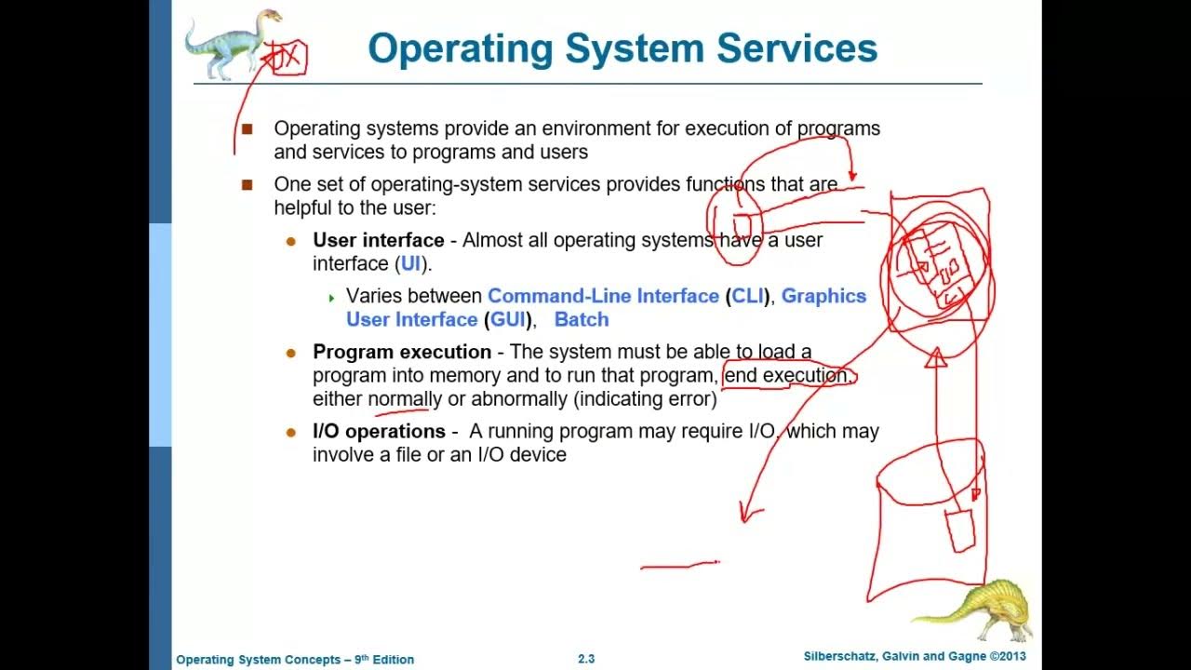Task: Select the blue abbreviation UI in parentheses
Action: click(410, 264)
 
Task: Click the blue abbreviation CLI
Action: click(747, 296)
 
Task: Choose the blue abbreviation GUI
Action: click(505, 320)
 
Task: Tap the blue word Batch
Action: click(582, 320)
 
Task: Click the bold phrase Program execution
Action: click(402, 352)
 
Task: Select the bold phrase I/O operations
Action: click(379, 432)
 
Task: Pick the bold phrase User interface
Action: click(378, 240)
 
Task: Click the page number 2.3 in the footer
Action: click(586, 659)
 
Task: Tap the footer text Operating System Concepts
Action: click(256, 660)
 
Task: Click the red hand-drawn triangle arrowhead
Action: click(935, 357)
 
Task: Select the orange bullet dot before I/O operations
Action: click(291, 432)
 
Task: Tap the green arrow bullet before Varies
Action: click(330, 298)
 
